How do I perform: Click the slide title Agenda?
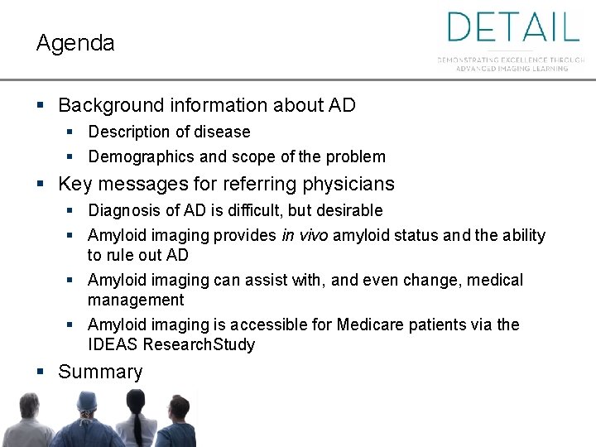75,44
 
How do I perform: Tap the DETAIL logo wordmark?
513,27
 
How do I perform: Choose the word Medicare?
372,325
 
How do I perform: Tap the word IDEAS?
113,344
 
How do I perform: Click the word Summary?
100,372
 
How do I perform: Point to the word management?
136,300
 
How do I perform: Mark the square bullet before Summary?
41,372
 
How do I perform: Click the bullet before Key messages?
41,184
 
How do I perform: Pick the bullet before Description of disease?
70,132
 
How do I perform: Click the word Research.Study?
210,344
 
